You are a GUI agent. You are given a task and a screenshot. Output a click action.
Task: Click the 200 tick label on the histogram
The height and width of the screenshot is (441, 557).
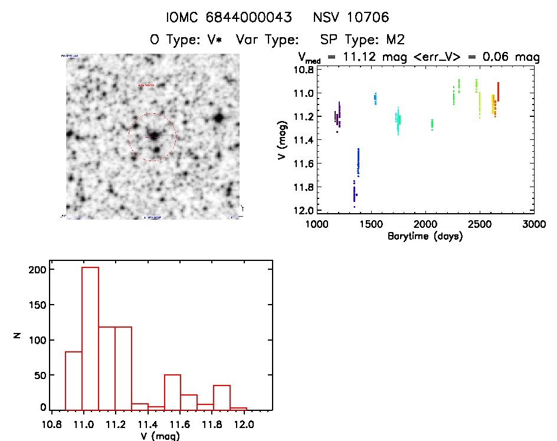(39, 270)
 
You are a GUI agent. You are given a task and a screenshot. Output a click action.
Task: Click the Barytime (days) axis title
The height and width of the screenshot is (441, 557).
(425, 236)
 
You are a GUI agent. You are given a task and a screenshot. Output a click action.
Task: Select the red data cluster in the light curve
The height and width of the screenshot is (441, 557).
(498, 93)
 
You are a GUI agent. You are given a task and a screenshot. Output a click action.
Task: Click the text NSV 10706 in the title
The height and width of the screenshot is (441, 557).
(351, 18)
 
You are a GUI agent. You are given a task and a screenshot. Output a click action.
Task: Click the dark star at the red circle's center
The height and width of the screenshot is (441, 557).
(154, 136)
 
